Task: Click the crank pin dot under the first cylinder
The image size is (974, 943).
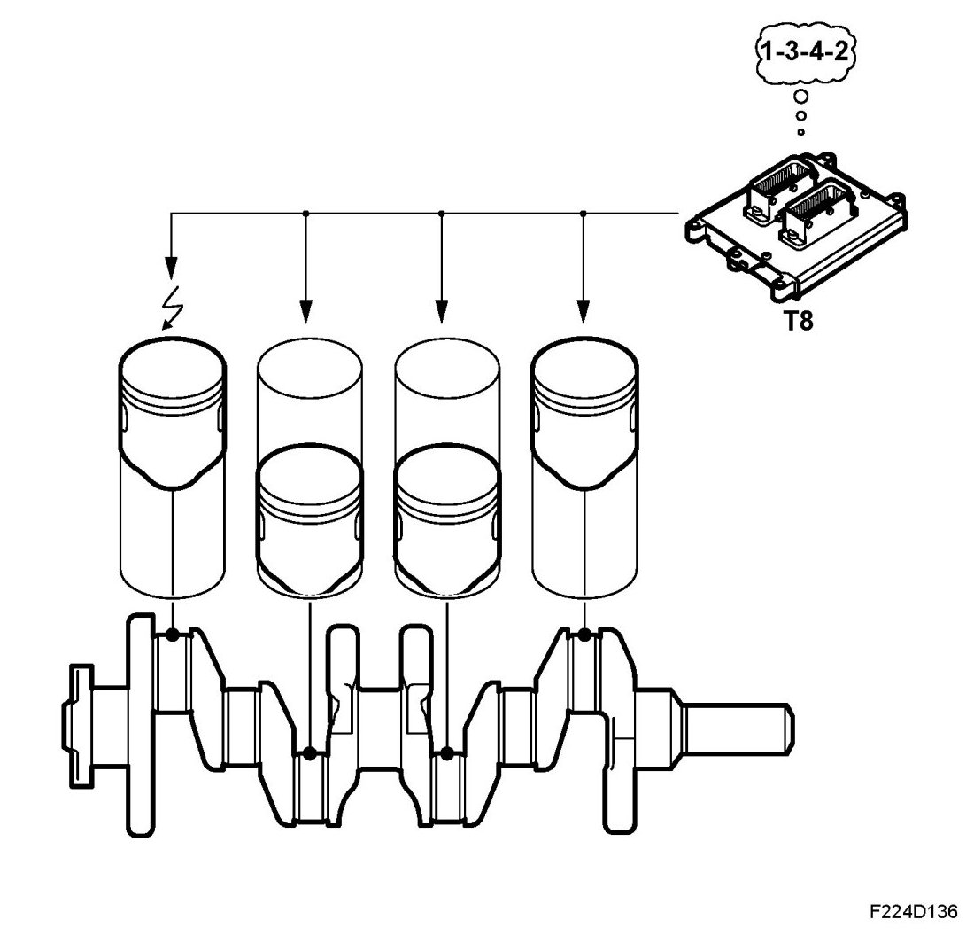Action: click(x=172, y=635)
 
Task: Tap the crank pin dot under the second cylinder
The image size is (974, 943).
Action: click(x=309, y=753)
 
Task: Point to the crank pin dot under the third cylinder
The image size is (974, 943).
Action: click(x=447, y=753)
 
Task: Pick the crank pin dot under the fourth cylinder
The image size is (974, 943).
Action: click(x=584, y=635)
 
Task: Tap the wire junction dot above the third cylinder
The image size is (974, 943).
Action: click(x=441, y=213)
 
